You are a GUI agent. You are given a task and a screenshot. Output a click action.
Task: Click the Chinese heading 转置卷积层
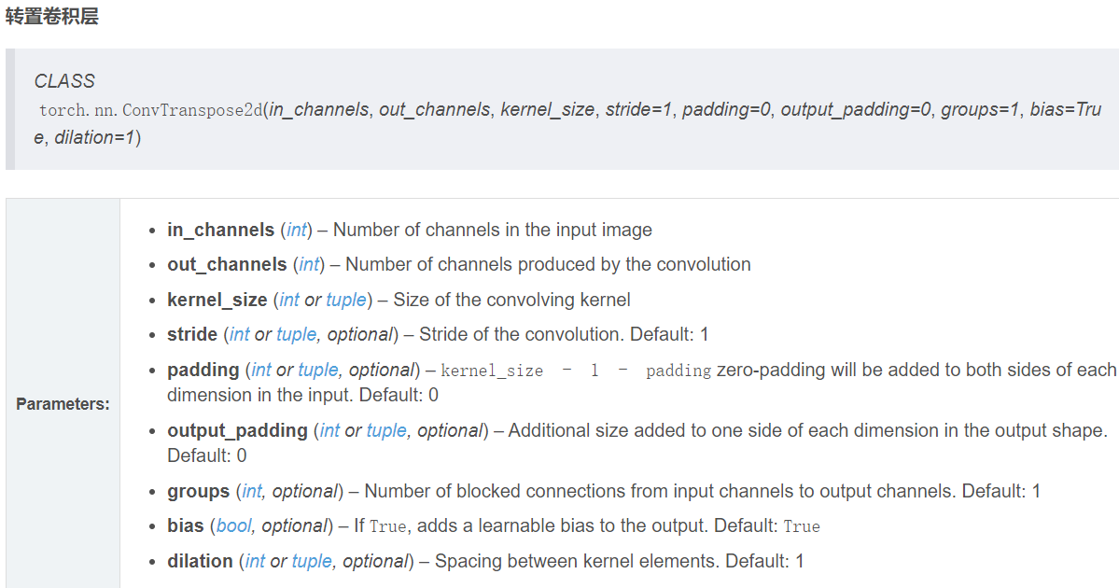51,17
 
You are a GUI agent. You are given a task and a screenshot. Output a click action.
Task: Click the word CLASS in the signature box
64,81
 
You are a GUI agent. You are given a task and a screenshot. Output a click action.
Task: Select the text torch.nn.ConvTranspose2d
150,110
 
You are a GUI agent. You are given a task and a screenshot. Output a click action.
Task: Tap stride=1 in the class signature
639,110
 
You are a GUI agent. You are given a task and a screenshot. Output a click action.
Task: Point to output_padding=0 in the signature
857,110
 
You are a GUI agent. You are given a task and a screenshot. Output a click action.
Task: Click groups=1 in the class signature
981,110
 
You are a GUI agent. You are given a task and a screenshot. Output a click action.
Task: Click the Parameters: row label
63,404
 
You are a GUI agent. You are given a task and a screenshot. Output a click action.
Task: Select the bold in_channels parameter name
220,230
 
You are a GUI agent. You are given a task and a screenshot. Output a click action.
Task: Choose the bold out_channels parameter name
227,265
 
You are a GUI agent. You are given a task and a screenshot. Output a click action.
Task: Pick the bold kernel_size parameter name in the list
217,300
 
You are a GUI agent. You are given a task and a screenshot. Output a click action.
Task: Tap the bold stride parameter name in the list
191,334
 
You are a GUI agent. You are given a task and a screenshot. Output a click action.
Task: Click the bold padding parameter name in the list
203,370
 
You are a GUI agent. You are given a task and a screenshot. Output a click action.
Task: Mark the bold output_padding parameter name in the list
237,430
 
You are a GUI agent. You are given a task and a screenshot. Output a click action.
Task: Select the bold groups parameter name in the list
198,491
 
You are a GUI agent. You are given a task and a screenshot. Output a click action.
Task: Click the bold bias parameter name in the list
185,525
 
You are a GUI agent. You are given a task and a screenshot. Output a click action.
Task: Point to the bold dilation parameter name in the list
200,561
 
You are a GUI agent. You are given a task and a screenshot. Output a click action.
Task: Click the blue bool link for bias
233,526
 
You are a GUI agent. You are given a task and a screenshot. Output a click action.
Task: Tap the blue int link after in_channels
297,230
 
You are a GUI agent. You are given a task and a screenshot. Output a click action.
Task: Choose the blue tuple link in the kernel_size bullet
346,300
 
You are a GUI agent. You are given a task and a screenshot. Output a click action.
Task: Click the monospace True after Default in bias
802,526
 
